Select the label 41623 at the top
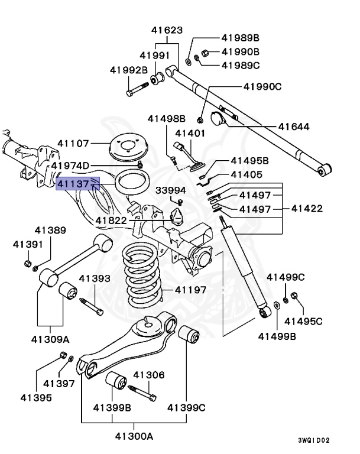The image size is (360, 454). (x=167, y=30)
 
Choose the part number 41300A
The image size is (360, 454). (x=133, y=436)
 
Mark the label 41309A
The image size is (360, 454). (x=50, y=339)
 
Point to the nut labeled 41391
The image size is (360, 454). (x=28, y=262)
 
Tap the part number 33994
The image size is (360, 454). (x=170, y=190)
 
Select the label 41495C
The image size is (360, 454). (x=303, y=321)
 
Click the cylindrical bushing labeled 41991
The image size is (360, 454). (x=158, y=77)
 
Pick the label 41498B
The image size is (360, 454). (x=166, y=118)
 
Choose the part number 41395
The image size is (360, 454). (x=37, y=397)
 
